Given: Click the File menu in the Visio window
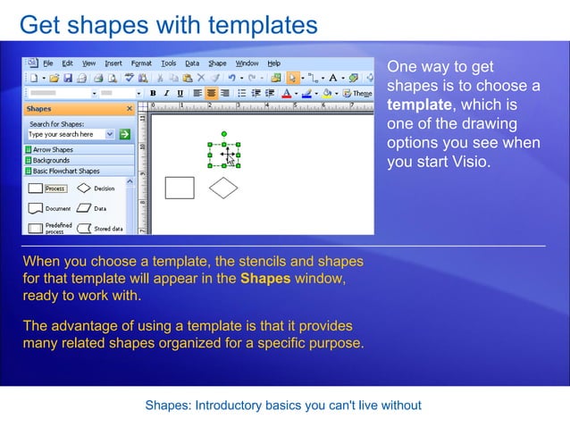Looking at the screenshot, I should [x=47, y=63].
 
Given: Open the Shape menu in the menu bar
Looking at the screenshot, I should [x=217, y=63].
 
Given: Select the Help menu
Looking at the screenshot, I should [x=273, y=63].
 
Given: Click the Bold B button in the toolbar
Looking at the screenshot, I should [x=153, y=93].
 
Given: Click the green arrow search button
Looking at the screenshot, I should [x=125, y=134].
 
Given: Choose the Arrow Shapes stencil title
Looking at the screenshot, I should [x=53, y=150].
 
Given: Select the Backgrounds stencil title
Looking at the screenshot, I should [x=51, y=160].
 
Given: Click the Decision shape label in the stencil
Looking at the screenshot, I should [x=104, y=188].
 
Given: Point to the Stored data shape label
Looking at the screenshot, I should [x=108, y=229].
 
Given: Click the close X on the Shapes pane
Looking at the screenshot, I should [x=130, y=109].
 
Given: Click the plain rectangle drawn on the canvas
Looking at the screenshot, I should [x=180, y=187].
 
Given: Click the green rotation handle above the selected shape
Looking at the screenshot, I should [x=223, y=134].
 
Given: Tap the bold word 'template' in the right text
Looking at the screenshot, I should [x=418, y=105].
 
